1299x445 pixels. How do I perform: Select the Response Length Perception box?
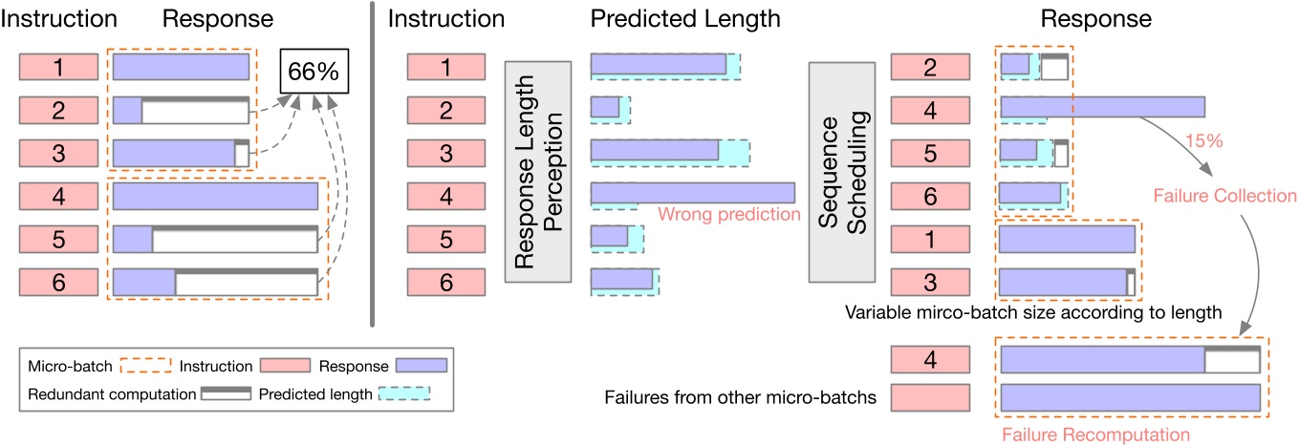[537, 172]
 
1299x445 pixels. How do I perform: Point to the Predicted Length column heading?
[685, 17]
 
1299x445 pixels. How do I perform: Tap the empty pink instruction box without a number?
[929, 396]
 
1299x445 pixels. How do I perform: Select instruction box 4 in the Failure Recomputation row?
[929, 359]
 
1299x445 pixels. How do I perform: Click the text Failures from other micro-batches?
[741, 396]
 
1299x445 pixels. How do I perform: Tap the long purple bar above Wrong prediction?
[692, 193]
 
